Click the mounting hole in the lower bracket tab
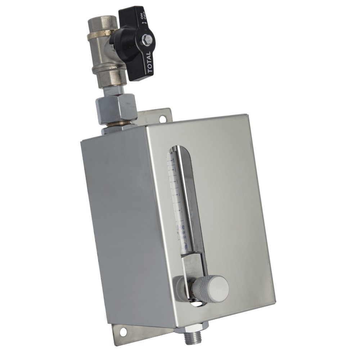[x=123, y=331]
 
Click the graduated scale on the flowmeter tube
[x=176, y=187]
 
